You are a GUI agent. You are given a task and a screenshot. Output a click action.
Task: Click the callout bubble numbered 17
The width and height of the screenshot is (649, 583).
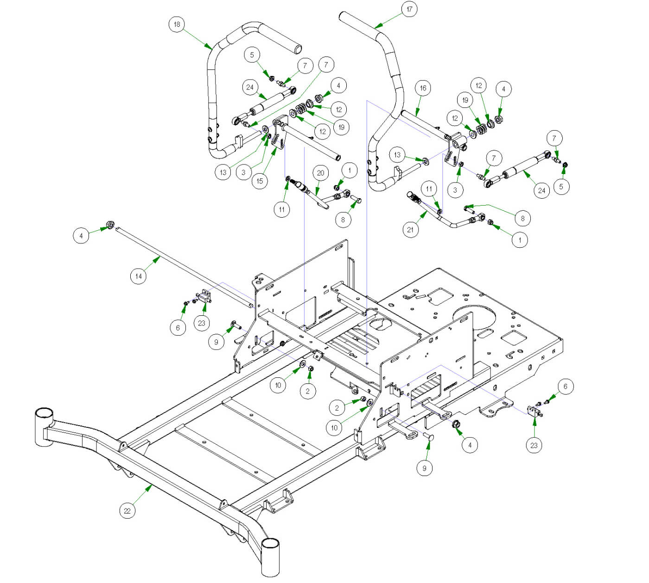[x=409, y=9]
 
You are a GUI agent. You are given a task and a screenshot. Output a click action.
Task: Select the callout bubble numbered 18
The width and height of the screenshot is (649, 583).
[x=177, y=24]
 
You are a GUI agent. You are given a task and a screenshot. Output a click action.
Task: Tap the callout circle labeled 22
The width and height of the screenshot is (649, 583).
[x=127, y=511]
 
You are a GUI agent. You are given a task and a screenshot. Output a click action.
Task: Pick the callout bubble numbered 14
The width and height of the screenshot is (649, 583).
[x=138, y=276]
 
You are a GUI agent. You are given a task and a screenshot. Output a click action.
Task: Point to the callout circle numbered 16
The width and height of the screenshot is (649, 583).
[x=423, y=88]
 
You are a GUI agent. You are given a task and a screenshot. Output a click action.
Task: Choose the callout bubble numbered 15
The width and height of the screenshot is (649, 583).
[x=260, y=181]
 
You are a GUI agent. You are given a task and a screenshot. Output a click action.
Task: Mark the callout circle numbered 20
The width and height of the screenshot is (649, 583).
[x=320, y=173]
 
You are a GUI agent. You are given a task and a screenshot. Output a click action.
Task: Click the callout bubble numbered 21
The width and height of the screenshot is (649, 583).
[x=410, y=230]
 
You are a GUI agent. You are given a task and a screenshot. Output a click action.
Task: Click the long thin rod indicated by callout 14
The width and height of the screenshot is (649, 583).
[x=185, y=266]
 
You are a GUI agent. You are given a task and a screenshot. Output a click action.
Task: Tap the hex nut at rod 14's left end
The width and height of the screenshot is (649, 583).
[x=110, y=225]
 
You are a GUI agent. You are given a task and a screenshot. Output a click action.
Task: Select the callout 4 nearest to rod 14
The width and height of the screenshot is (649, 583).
[x=81, y=236]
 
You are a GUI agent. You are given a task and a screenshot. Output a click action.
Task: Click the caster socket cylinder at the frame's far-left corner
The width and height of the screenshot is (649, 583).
[x=45, y=426]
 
